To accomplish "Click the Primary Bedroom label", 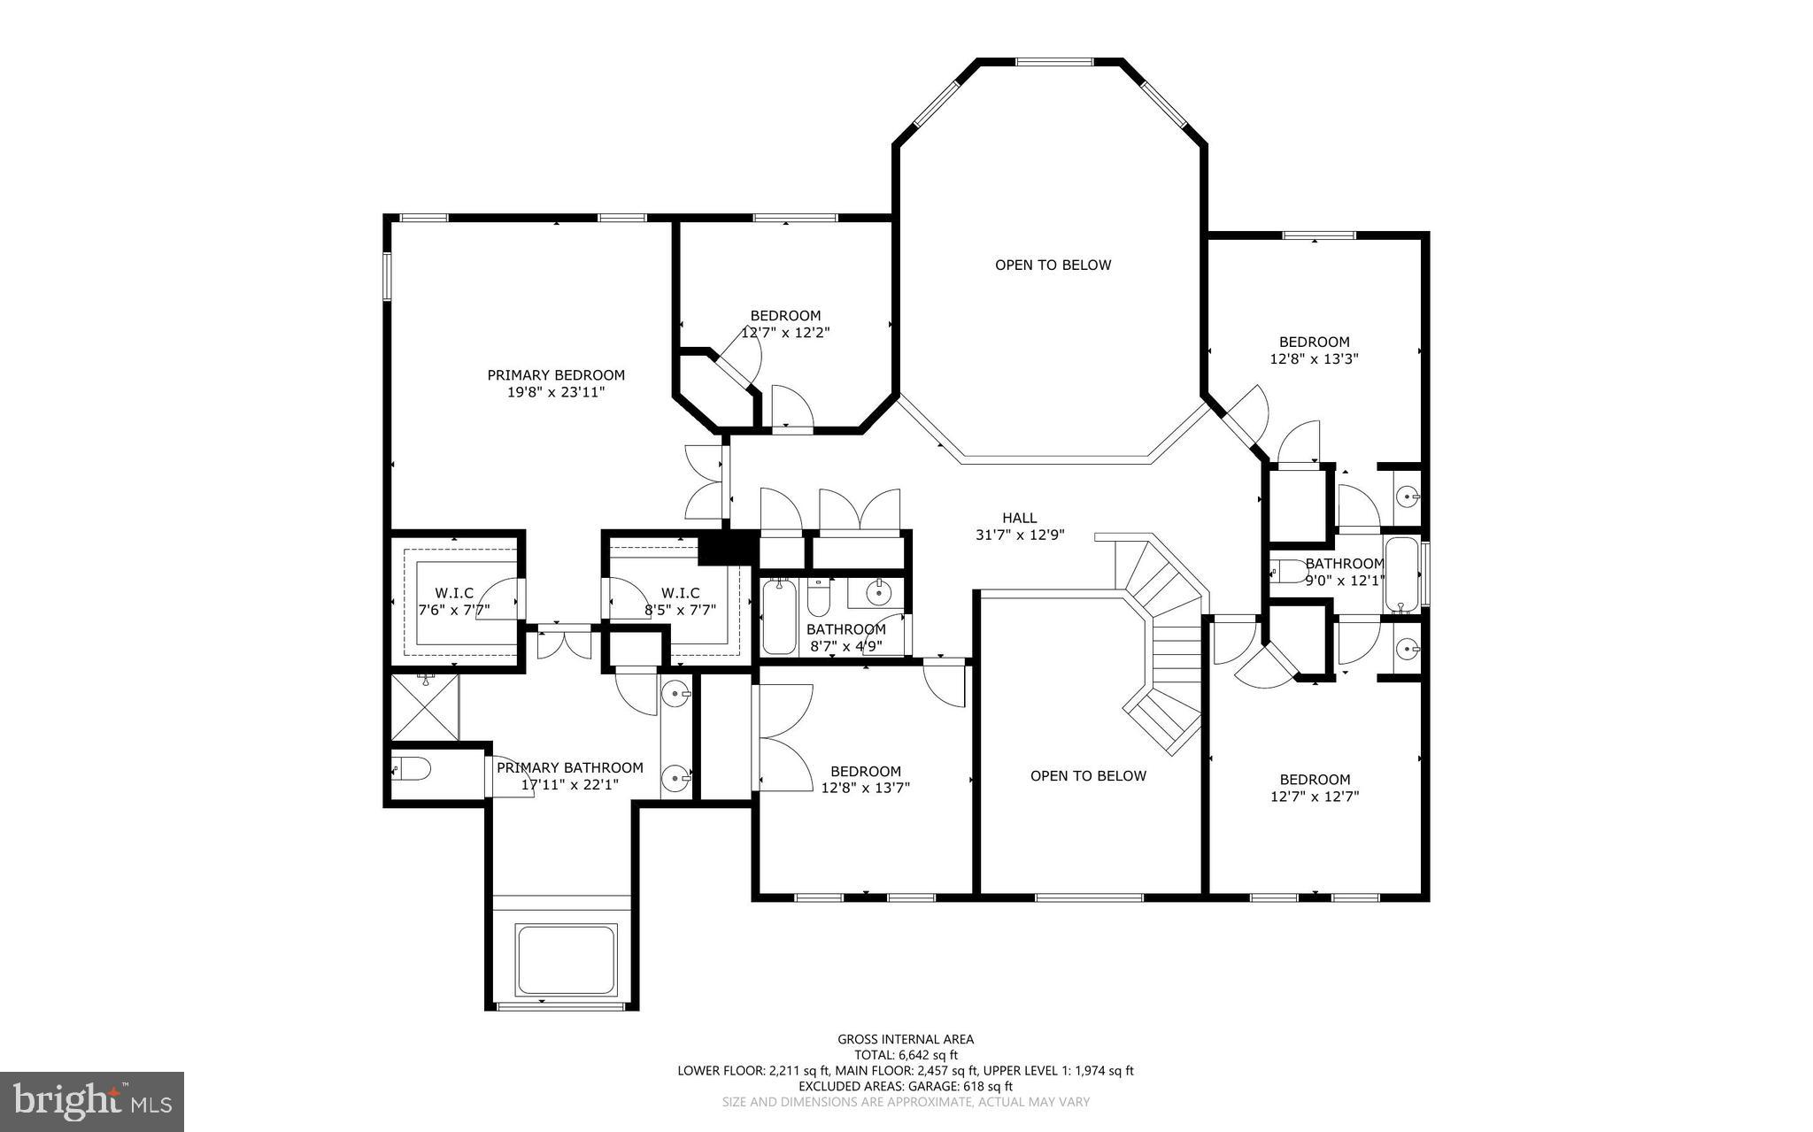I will [556, 375].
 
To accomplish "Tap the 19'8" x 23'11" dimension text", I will [556, 392].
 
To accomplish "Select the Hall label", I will [1019, 518].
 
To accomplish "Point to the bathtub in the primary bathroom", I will [566, 959].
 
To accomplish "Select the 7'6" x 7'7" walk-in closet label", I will [453, 602].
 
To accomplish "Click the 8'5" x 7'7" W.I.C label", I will [680, 602].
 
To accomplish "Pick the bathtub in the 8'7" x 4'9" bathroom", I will [779, 617].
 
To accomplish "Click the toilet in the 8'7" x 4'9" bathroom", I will [818, 598].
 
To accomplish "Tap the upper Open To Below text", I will [1053, 265].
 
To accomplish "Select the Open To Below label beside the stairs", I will [1088, 776].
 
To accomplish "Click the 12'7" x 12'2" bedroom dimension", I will [785, 333].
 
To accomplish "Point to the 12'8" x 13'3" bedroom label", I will [1314, 350].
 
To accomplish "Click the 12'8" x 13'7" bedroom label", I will [865, 780].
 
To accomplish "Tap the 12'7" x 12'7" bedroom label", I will [1315, 788].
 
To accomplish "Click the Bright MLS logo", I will [92, 1101].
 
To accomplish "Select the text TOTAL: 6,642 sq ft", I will [906, 1055].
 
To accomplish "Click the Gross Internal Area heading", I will [906, 1039].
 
